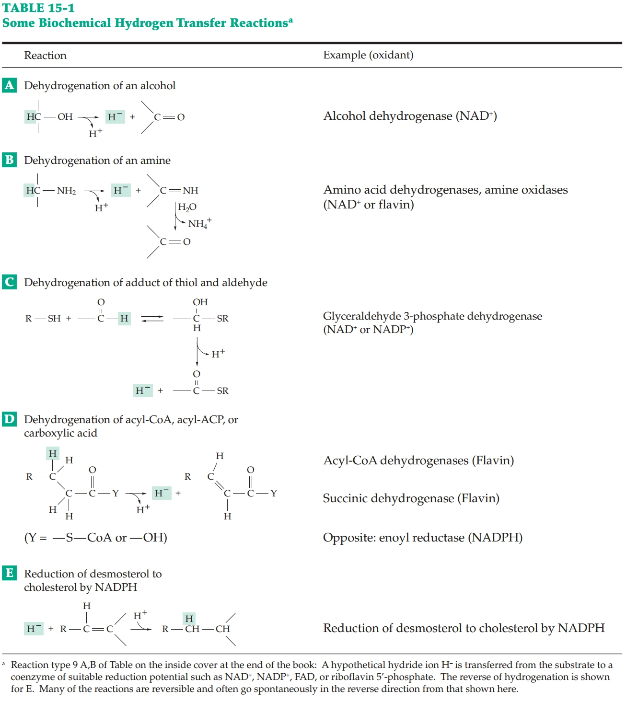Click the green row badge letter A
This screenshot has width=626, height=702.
pos(9,85)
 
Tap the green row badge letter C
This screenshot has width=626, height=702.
pos(9,282)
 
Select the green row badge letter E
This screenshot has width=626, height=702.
pos(9,573)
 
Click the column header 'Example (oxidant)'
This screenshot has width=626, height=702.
pos(368,55)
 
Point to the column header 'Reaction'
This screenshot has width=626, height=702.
pos(45,56)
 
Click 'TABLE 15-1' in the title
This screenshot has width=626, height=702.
pos(38,8)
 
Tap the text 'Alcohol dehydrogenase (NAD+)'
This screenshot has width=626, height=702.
pos(410,116)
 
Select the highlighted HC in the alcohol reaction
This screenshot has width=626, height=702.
pos(34,116)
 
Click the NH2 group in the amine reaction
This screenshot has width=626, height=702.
pos(66,191)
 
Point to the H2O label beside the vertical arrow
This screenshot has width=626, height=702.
pos(187,207)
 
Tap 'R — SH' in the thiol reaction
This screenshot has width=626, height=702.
pos(43,318)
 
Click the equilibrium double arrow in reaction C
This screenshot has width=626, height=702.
pos(152,318)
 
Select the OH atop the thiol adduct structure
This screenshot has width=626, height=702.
pos(200,302)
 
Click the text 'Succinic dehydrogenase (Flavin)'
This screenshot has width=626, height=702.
pos(411,498)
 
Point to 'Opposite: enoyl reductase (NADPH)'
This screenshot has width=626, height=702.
pos(422,538)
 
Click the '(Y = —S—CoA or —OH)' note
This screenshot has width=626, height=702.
pos(95,538)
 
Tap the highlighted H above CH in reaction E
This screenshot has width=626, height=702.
pos(189,619)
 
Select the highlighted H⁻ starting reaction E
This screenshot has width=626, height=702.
pos(34,629)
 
